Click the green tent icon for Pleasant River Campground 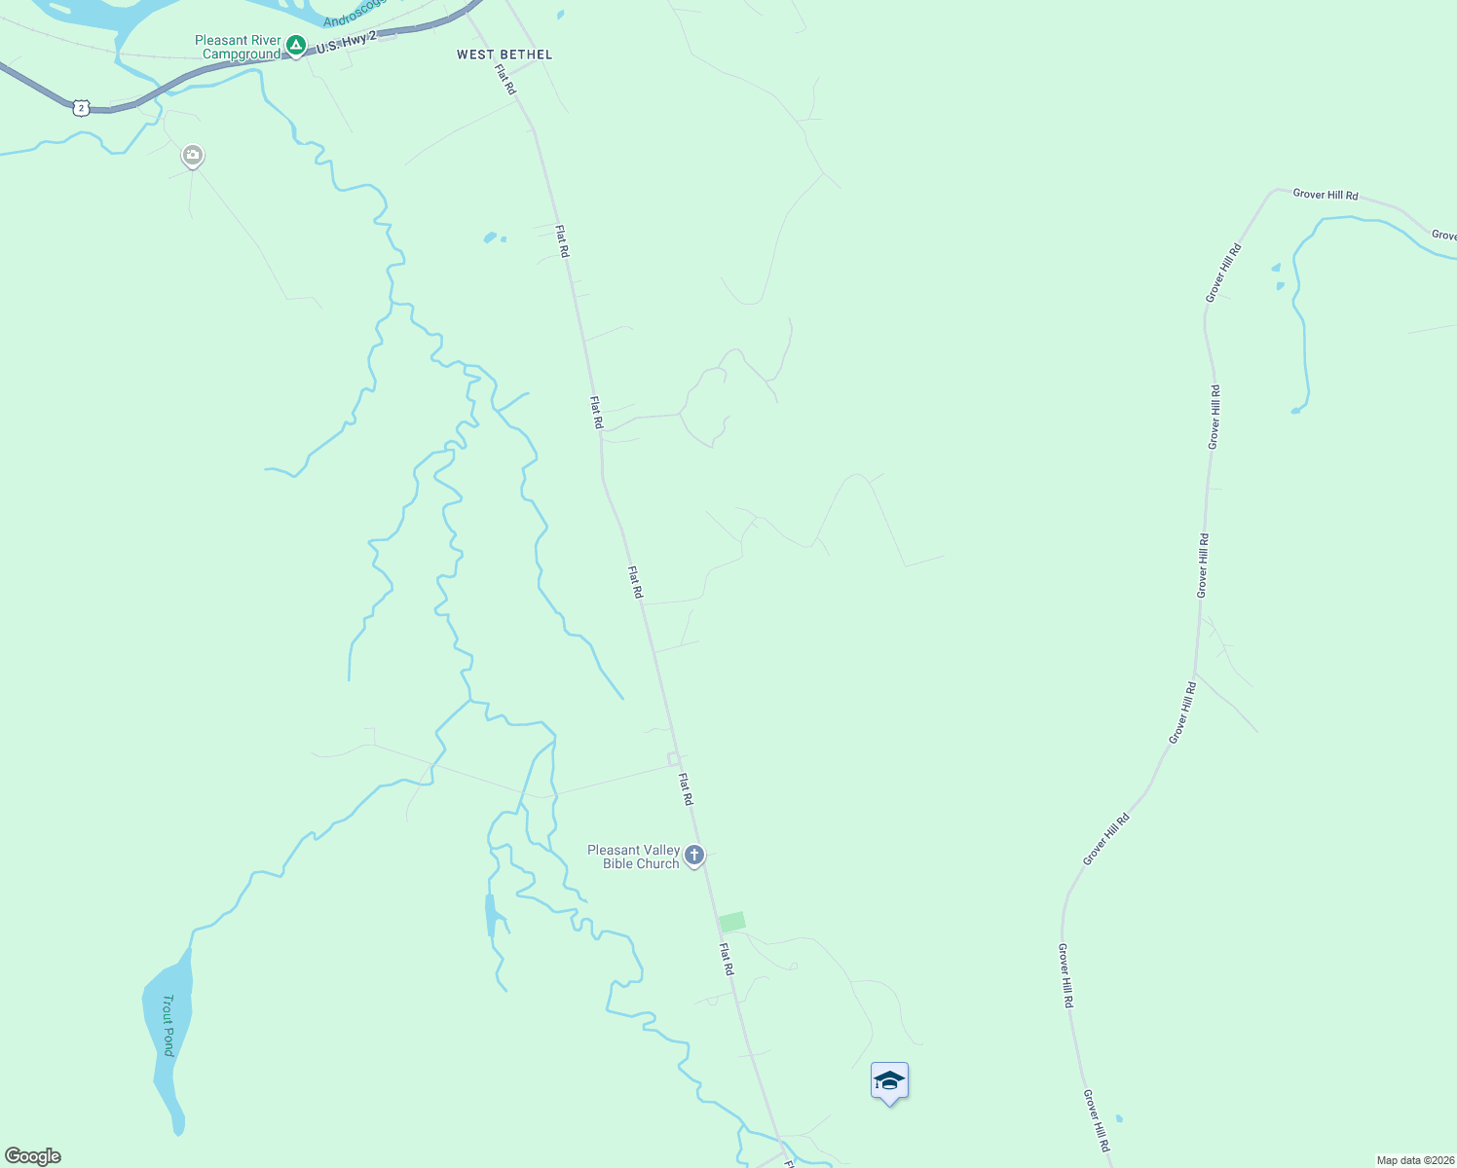(296, 45)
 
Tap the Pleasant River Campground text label (238, 48)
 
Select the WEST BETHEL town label (504, 55)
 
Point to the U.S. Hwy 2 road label (346, 42)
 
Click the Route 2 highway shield (81, 108)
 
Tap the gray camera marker (193, 155)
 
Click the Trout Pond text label (168, 1025)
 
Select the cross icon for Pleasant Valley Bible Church (694, 856)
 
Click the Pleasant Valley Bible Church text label (633, 857)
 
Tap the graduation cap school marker (889, 1080)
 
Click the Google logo (33, 1156)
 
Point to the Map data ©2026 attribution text (1415, 1160)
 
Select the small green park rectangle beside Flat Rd (732, 921)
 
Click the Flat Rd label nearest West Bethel (505, 79)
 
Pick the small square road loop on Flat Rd (673, 758)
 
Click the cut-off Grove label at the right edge (1443, 235)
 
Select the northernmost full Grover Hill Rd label (1325, 195)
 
